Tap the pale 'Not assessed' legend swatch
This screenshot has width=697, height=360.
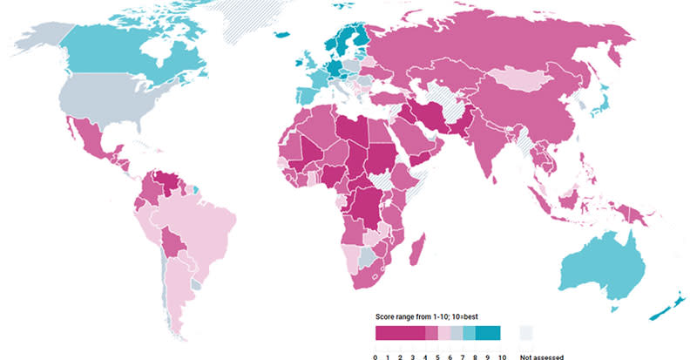525,332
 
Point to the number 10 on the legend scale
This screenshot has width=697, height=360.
501,357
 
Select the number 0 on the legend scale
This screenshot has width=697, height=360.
376,357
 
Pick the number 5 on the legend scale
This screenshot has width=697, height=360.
437,357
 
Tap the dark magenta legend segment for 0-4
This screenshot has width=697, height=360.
400,332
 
